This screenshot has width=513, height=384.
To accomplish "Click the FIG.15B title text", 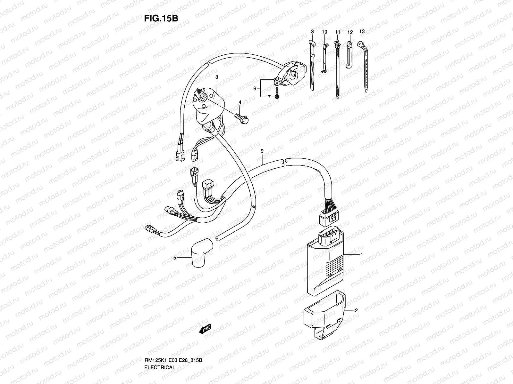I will point(160,18).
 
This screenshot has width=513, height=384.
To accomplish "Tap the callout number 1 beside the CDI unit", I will point(362,254).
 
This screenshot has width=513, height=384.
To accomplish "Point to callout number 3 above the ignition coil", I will point(217,77).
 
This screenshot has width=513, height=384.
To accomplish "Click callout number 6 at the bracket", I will point(255,88).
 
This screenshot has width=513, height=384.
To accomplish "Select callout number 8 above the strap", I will point(312,32).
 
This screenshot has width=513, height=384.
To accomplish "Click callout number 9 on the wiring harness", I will point(262,151).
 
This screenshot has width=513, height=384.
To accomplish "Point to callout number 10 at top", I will point(324,32).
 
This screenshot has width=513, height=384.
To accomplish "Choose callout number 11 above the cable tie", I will point(337,32).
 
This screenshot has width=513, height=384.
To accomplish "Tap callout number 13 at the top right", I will point(362,31).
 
